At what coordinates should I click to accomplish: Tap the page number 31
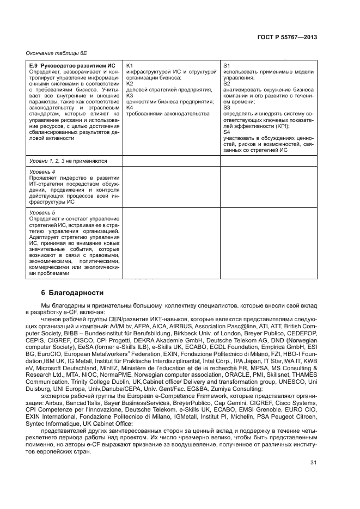click(313, 463)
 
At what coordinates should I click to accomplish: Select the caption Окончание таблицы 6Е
click(53, 53)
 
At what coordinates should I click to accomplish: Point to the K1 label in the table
click(129, 65)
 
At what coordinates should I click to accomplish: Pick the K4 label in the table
click(129, 107)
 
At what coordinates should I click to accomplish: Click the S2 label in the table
click(227, 83)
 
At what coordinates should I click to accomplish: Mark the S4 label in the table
click(227, 132)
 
